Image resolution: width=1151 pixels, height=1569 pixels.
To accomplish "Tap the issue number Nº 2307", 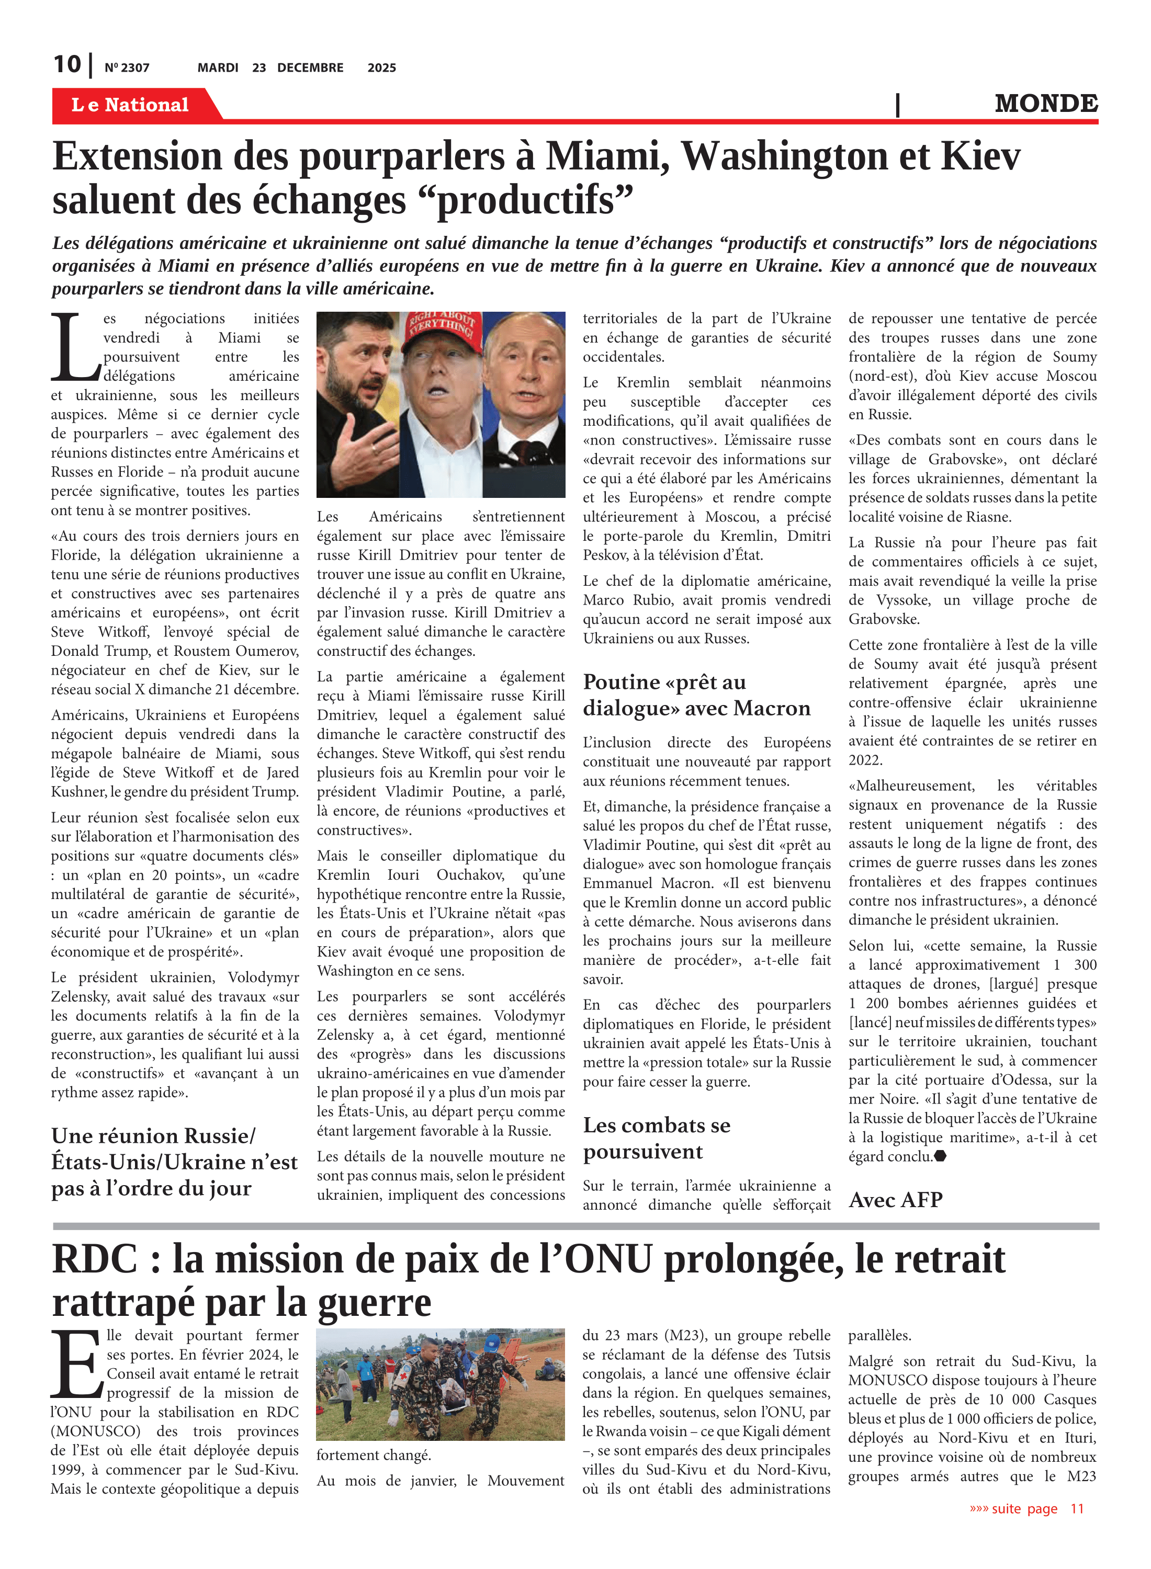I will coord(127,67).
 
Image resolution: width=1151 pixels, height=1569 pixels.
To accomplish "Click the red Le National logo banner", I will coord(130,105).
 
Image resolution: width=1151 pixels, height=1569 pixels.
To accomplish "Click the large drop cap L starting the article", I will coord(74,348).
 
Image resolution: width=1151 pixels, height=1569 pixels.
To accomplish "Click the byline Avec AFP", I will coord(895,1200).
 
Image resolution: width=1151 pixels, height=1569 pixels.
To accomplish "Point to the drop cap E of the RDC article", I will coord(76,1365).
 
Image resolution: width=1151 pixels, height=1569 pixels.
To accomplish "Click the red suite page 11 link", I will coord(1026,1508).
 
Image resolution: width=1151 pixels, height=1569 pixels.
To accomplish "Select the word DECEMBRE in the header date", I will coord(310,67).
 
